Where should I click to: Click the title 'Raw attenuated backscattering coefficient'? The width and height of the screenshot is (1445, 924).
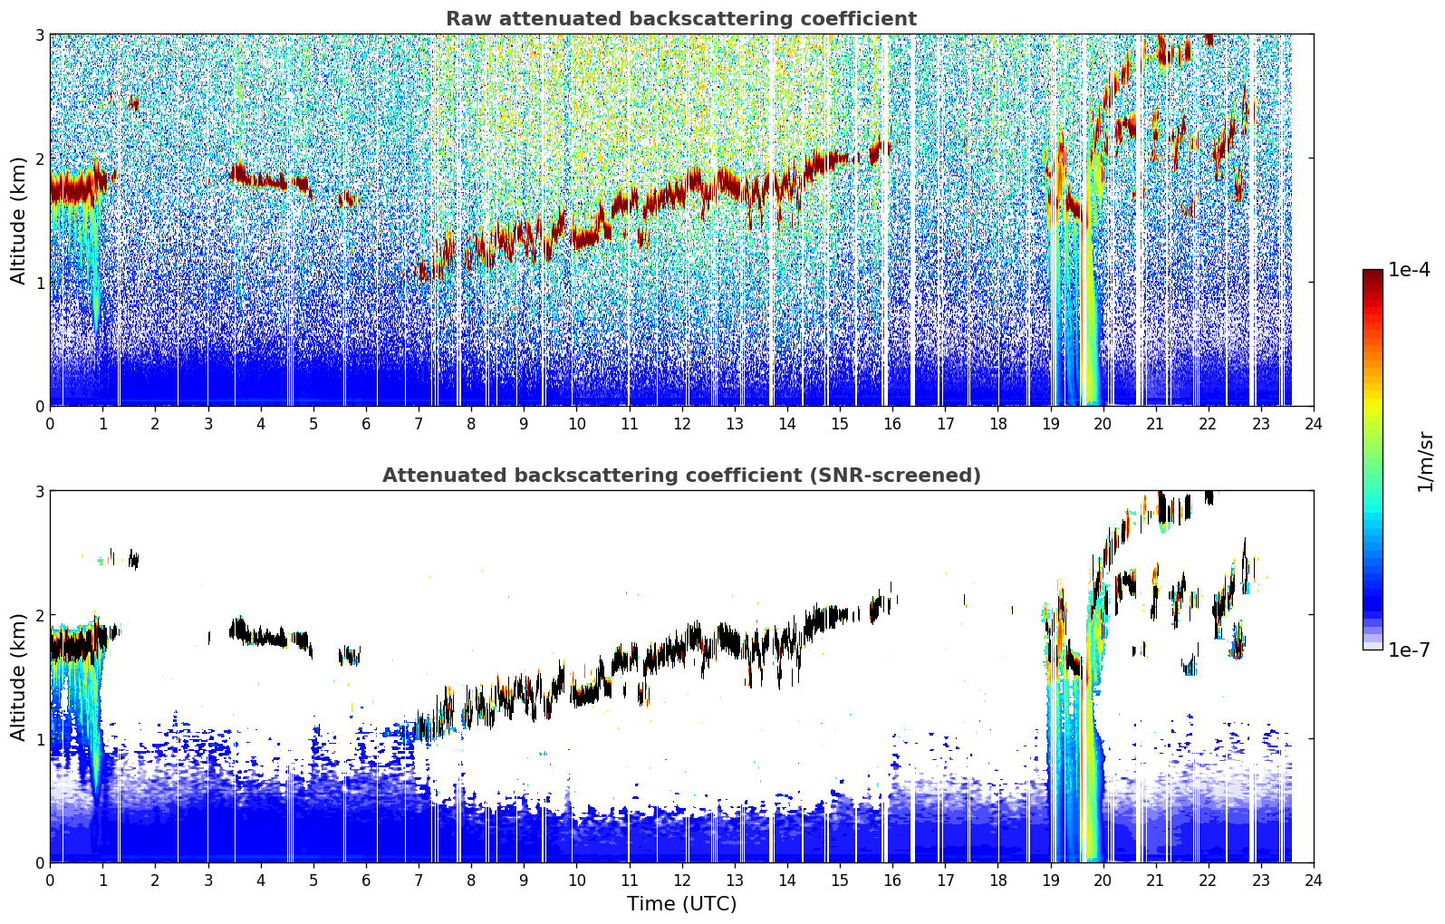point(681,19)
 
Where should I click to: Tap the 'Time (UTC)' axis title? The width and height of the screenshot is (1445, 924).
point(681,904)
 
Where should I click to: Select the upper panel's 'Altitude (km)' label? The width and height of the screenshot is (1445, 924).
point(17,220)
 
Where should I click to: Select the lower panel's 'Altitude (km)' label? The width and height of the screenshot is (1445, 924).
point(17,677)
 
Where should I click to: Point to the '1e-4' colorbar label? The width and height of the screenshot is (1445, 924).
point(1410,270)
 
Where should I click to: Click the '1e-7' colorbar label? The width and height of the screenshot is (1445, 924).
point(1410,650)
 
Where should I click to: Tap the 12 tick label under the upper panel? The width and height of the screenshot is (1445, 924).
point(682,424)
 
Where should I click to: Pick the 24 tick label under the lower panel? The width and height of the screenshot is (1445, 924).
point(1314,881)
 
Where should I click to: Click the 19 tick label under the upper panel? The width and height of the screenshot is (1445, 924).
point(1051,424)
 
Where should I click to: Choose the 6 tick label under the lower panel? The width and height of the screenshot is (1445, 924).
point(366,881)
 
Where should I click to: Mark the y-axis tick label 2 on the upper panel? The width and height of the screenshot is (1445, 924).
point(39,159)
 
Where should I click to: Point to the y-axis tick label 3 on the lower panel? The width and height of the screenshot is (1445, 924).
point(39,492)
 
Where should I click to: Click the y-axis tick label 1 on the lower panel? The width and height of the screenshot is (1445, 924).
point(39,739)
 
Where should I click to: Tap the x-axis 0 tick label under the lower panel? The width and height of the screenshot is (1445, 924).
point(51,881)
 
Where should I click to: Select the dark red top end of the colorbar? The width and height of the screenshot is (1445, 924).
point(1373,274)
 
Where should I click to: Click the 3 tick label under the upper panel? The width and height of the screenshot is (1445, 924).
point(208,424)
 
